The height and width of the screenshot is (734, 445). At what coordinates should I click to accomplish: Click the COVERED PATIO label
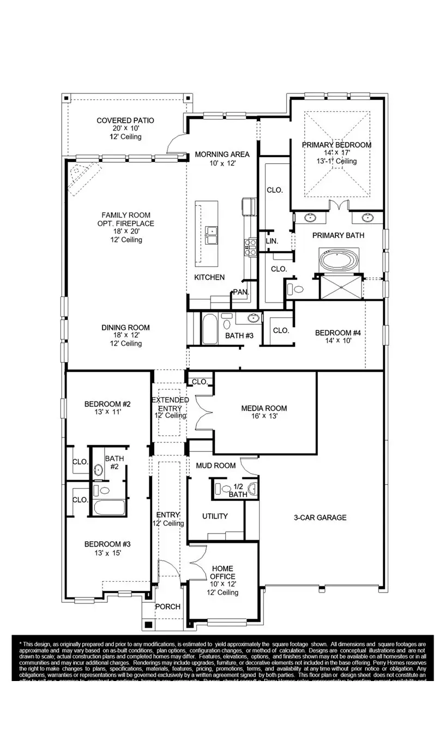(x=125, y=120)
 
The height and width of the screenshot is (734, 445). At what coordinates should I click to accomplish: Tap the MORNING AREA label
(x=222, y=155)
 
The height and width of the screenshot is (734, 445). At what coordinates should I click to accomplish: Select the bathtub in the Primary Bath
(x=340, y=261)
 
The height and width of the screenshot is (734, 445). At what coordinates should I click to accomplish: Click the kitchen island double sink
(x=211, y=235)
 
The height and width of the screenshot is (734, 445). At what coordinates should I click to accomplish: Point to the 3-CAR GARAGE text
(x=320, y=517)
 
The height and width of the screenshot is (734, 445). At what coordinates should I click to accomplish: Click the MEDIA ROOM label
(x=264, y=408)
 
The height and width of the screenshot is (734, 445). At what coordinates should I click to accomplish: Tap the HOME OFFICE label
(x=222, y=572)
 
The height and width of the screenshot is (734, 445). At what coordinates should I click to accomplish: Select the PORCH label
(x=167, y=607)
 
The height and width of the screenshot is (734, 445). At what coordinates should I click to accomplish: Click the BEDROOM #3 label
(x=107, y=544)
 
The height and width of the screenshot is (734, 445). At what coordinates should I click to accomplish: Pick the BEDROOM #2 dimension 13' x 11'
(x=107, y=412)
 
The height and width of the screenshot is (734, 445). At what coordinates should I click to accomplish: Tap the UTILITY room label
(x=215, y=516)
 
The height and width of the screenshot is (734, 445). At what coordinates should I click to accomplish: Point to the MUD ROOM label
(x=216, y=465)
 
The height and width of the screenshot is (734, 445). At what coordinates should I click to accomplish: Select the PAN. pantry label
(x=240, y=292)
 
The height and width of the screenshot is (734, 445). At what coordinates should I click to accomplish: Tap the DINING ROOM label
(x=125, y=328)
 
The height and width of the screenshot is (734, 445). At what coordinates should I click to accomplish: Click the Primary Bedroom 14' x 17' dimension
(x=336, y=153)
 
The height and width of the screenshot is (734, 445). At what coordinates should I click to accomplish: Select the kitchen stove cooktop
(x=251, y=247)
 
